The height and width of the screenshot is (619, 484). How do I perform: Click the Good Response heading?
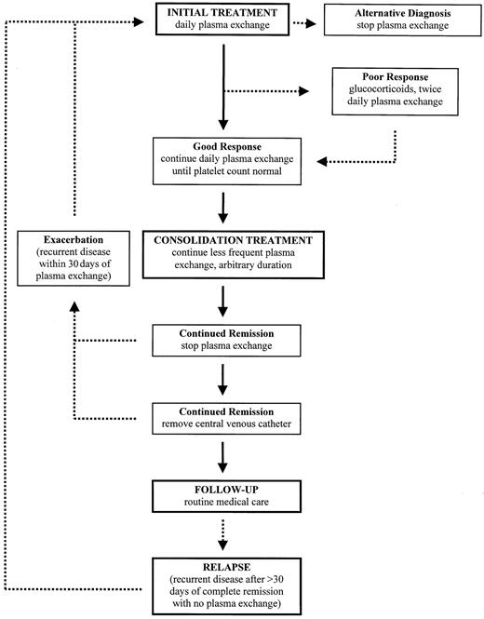point(223,149)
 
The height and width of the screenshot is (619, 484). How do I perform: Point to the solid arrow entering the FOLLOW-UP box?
point(223,457)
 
